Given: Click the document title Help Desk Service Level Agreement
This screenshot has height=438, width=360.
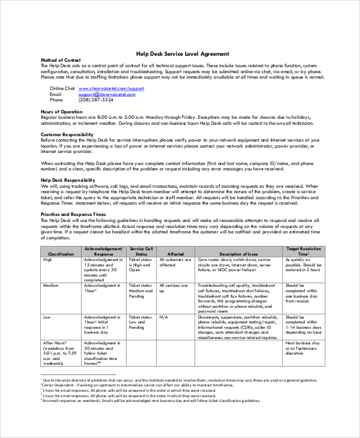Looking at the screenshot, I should [179, 53].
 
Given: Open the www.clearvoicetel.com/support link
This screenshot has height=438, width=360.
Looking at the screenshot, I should [111, 88].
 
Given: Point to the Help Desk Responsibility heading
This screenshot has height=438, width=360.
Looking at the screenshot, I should [67, 179].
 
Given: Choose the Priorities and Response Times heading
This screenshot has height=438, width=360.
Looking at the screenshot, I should [73, 214].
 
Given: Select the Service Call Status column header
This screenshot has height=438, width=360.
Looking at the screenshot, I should [141, 251].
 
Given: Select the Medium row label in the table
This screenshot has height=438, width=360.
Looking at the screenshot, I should [50, 286].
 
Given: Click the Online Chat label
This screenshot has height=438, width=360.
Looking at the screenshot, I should [62, 88].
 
